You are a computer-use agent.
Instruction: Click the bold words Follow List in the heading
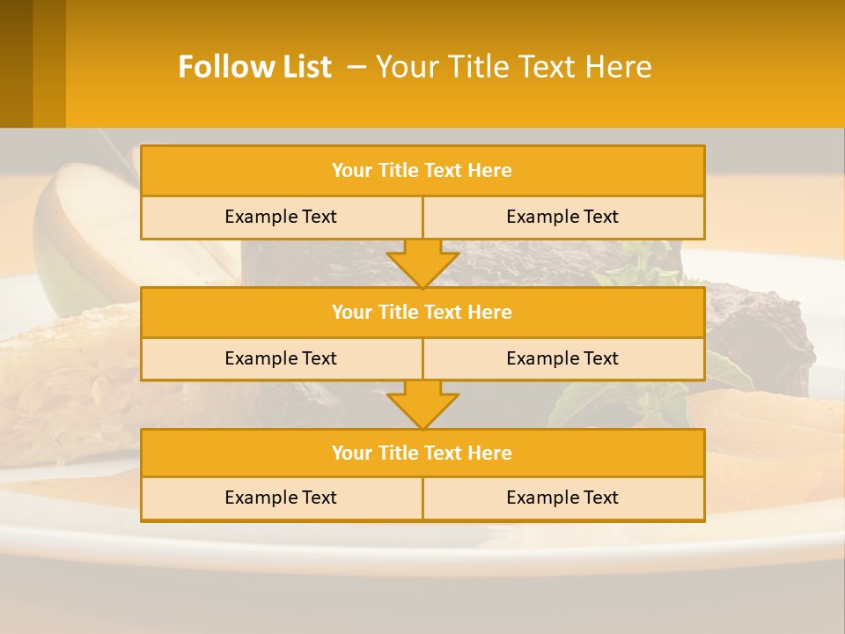(254, 67)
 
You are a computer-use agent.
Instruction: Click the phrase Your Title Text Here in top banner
(513, 67)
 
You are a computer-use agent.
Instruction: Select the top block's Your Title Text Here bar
(422, 171)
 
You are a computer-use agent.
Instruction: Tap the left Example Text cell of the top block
(281, 217)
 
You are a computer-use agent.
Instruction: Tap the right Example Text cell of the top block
(562, 217)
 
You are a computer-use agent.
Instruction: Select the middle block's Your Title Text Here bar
(422, 312)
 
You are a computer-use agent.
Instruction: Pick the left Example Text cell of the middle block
(281, 358)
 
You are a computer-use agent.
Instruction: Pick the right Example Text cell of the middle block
(562, 358)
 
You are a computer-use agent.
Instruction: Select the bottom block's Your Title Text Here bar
(422, 453)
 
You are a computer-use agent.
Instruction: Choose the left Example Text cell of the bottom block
(281, 498)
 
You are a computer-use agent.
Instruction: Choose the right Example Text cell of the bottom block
(562, 498)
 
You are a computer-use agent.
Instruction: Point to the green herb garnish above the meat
(638, 264)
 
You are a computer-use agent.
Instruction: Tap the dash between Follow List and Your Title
(356, 67)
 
